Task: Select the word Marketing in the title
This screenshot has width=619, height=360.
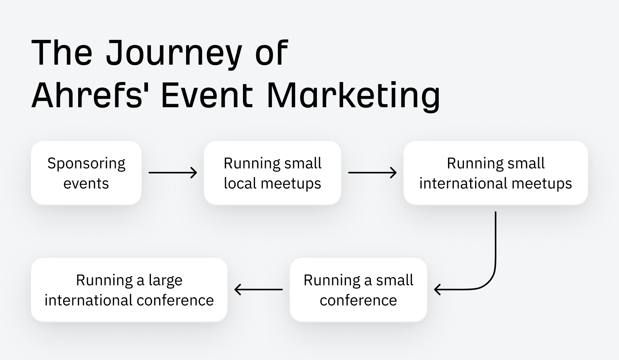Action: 353,95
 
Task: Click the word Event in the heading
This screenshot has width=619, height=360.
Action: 207,95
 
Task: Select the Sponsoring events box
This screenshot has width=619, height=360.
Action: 86,173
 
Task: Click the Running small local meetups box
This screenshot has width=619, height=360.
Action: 272,173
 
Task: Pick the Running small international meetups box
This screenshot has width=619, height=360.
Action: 496,173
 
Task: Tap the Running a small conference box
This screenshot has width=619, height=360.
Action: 358,290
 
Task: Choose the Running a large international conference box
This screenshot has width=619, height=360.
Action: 129,290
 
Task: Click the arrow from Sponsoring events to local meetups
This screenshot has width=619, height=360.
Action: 173,173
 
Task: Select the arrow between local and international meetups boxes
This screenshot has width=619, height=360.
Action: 372,173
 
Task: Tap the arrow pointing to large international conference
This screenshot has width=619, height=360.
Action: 258,290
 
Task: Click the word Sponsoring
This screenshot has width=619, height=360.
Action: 86,164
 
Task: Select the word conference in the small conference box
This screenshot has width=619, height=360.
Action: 358,300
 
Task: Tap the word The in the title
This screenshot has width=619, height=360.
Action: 62,53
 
